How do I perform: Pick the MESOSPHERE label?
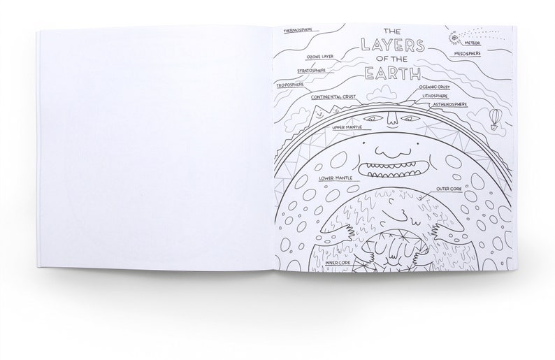click(x=470, y=52)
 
